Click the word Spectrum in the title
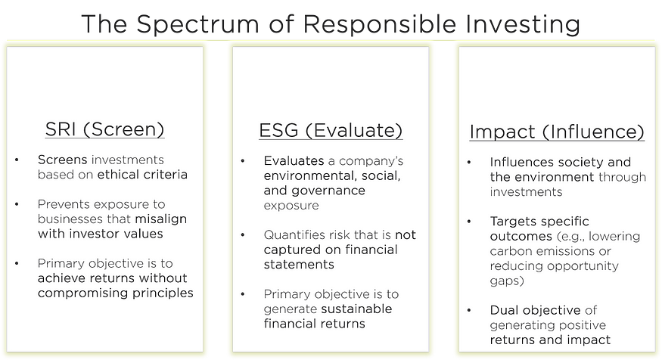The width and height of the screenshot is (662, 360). tap(197, 25)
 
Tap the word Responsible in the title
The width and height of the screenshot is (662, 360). tap(380, 23)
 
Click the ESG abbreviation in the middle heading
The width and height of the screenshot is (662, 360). tap(278, 130)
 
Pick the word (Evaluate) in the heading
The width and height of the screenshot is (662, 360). tap(354, 131)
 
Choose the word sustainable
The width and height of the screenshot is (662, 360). tap(356, 309)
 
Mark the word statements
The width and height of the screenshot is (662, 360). tap(299, 265)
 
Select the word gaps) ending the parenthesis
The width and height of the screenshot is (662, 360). tap(507, 281)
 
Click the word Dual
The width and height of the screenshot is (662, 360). tap(505, 310)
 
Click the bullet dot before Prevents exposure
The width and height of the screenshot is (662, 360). tap(17, 205)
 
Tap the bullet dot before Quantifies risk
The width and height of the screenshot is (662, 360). tap(243, 235)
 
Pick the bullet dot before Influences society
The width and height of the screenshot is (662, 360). tap(468, 163)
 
